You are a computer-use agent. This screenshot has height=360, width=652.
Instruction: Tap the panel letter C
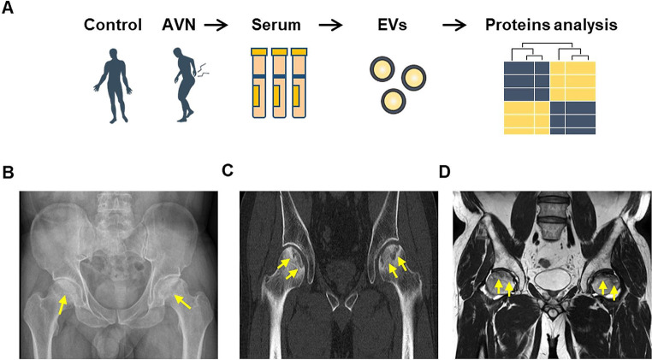click(x=228, y=170)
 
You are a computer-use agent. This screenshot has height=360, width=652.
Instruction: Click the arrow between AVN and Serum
click(x=216, y=24)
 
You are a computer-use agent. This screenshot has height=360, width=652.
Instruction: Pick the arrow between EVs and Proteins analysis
click(x=454, y=24)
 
